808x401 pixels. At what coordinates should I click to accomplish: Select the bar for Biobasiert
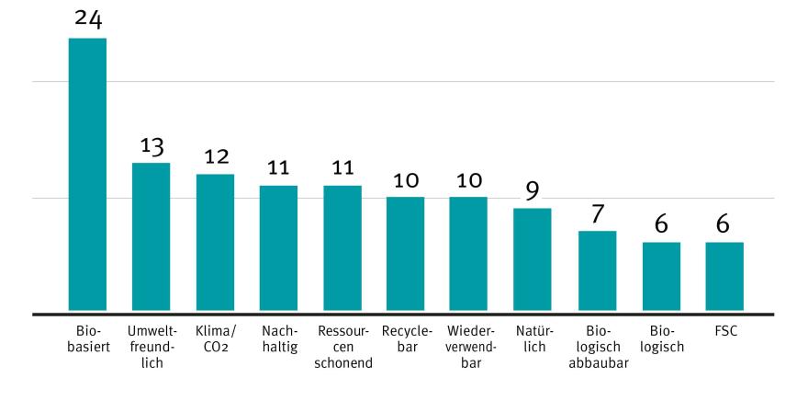pyautogui.click(x=88, y=175)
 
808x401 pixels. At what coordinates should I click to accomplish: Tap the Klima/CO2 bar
pyautogui.click(x=215, y=243)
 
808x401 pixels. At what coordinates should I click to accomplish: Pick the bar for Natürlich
pyautogui.click(x=532, y=260)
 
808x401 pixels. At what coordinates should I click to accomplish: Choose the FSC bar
pyautogui.click(x=724, y=277)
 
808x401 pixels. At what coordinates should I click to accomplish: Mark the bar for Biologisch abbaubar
pyautogui.click(x=597, y=271)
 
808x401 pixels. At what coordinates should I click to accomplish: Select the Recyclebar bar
pyautogui.click(x=405, y=255)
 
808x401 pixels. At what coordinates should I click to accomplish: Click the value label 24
pyautogui.click(x=88, y=18)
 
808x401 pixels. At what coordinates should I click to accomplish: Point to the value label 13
pyautogui.click(x=151, y=145)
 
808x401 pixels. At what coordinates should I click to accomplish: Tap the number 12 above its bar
pyautogui.click(x=215, y=156)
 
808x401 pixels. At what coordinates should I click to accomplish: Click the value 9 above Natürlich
pyautogui.click(x=532, y=190)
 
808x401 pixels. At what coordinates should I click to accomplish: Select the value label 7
pyautogui.click(x=597, y=213)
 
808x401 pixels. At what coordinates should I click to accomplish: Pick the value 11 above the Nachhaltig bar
pyautogui.click(x=278, y=168)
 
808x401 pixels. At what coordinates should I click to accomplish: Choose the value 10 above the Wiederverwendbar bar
pyautogui.click(x=468, y=179)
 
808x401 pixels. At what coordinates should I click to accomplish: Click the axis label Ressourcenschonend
pyautogui.click(x=342, y=345)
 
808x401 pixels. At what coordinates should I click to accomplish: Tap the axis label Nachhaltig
pyautogui.click(x=278, y=337)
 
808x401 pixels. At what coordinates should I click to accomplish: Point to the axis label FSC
pyautogui.click(x=724, y=328)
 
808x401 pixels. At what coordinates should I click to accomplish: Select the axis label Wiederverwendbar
pyautogui.click(x=469, y=345)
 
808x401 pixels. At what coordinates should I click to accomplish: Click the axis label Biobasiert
pyautogui.click(x=88, y=337)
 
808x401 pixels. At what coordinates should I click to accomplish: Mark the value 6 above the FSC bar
pyautogui.click(x=724, y=225)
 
